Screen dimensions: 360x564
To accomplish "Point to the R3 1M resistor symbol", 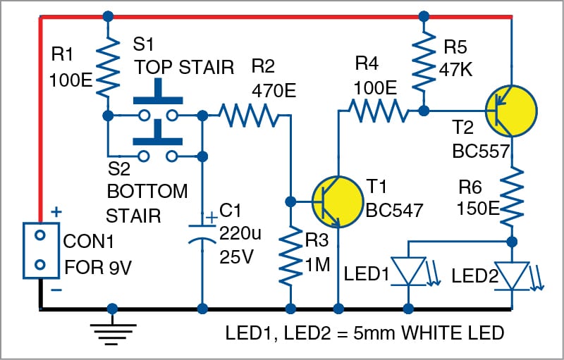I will pos(290,256).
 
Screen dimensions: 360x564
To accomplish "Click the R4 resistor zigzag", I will pos(375,111).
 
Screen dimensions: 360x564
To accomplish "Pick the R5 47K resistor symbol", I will pos(424,63).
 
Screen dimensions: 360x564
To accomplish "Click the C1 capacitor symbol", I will pos(202,233).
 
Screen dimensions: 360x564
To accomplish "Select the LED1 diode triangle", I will pos(410,271).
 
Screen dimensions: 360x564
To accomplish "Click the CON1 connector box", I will pos(40,249).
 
